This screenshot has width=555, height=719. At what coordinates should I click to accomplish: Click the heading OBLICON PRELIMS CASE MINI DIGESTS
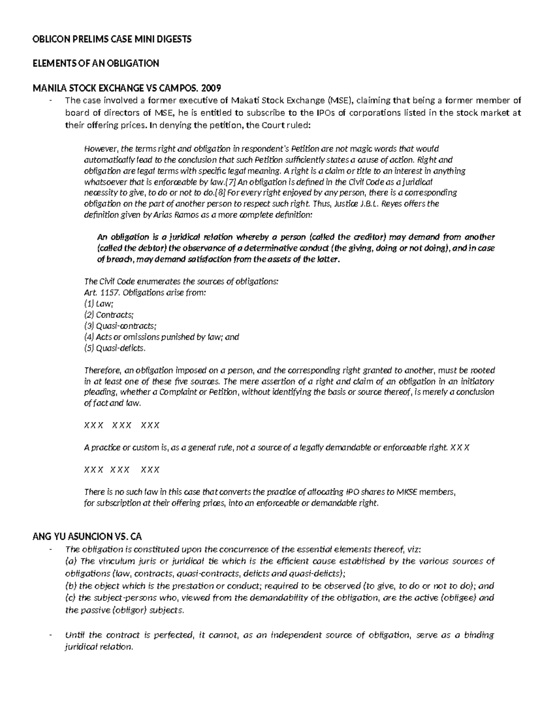coord(111,39)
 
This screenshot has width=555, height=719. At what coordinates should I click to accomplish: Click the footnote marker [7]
coord(230,181)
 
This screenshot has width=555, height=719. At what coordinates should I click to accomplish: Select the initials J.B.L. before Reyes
coord(371,204)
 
